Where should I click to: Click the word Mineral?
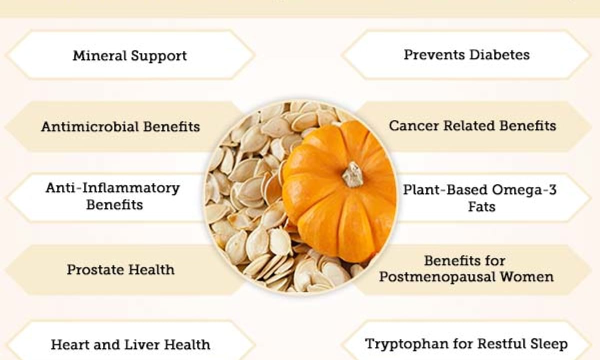tap(99, 55)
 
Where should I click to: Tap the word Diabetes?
tap(499, 55)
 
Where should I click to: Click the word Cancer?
tap(414, 126)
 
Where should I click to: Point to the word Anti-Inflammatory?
tap(113, 188)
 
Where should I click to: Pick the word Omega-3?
tap(524, 189)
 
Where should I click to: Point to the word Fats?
tap(481, 207)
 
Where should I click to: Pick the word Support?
tap(159, 56)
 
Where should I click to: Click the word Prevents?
tap(434, 55)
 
